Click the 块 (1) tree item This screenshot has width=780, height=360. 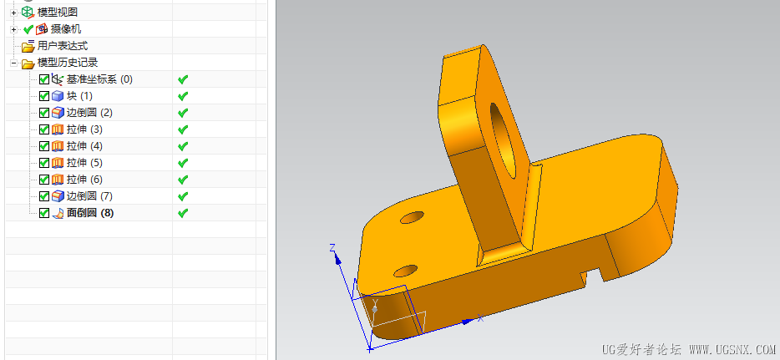click(x=79, y=95)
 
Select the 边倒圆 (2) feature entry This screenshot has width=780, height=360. click(x=89, y=113)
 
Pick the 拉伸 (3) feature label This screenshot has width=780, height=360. click(x=84, y=129)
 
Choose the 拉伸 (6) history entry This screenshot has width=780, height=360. click(x=84, y=179)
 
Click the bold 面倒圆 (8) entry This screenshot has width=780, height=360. click(x=90, y=213)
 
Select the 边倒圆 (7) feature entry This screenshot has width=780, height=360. click(x=89, y=196)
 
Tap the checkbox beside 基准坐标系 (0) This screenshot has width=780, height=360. click(x=44, y=79)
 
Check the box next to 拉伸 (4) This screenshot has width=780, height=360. click(x=44, y=145)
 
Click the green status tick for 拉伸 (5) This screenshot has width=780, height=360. click(x=183, y=163)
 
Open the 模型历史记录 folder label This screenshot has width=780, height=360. click(x=68, y=63)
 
